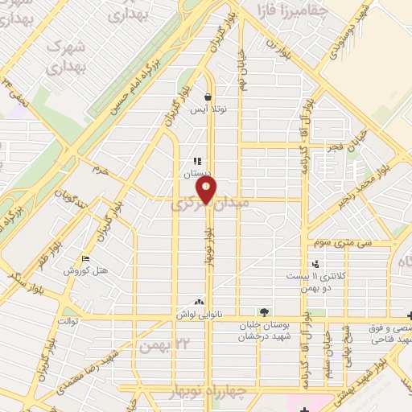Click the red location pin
208,191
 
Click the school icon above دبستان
197,162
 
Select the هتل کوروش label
81,270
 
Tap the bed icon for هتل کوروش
85,258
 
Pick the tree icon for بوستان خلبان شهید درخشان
264,312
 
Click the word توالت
65,320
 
